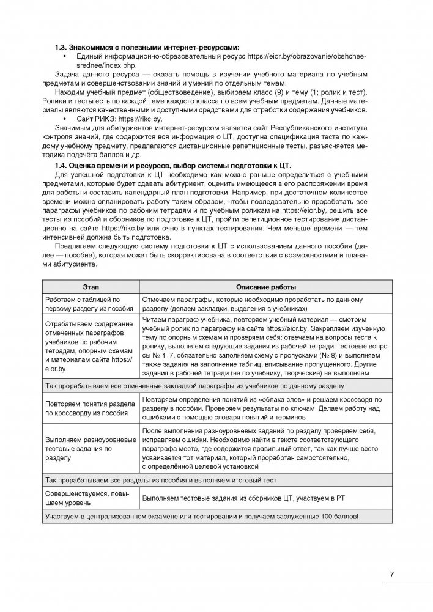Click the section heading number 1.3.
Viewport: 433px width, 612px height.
coord(60,47)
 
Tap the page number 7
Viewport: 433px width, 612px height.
coord(391,574)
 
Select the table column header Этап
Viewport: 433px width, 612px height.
coord(89,287)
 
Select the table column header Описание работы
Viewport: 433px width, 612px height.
coord(266,287)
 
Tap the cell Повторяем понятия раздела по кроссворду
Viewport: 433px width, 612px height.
coord(89,408)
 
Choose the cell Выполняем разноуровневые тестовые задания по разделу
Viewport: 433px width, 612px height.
coord(89,448)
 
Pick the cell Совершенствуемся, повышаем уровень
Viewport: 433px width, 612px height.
coord(89,498)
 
